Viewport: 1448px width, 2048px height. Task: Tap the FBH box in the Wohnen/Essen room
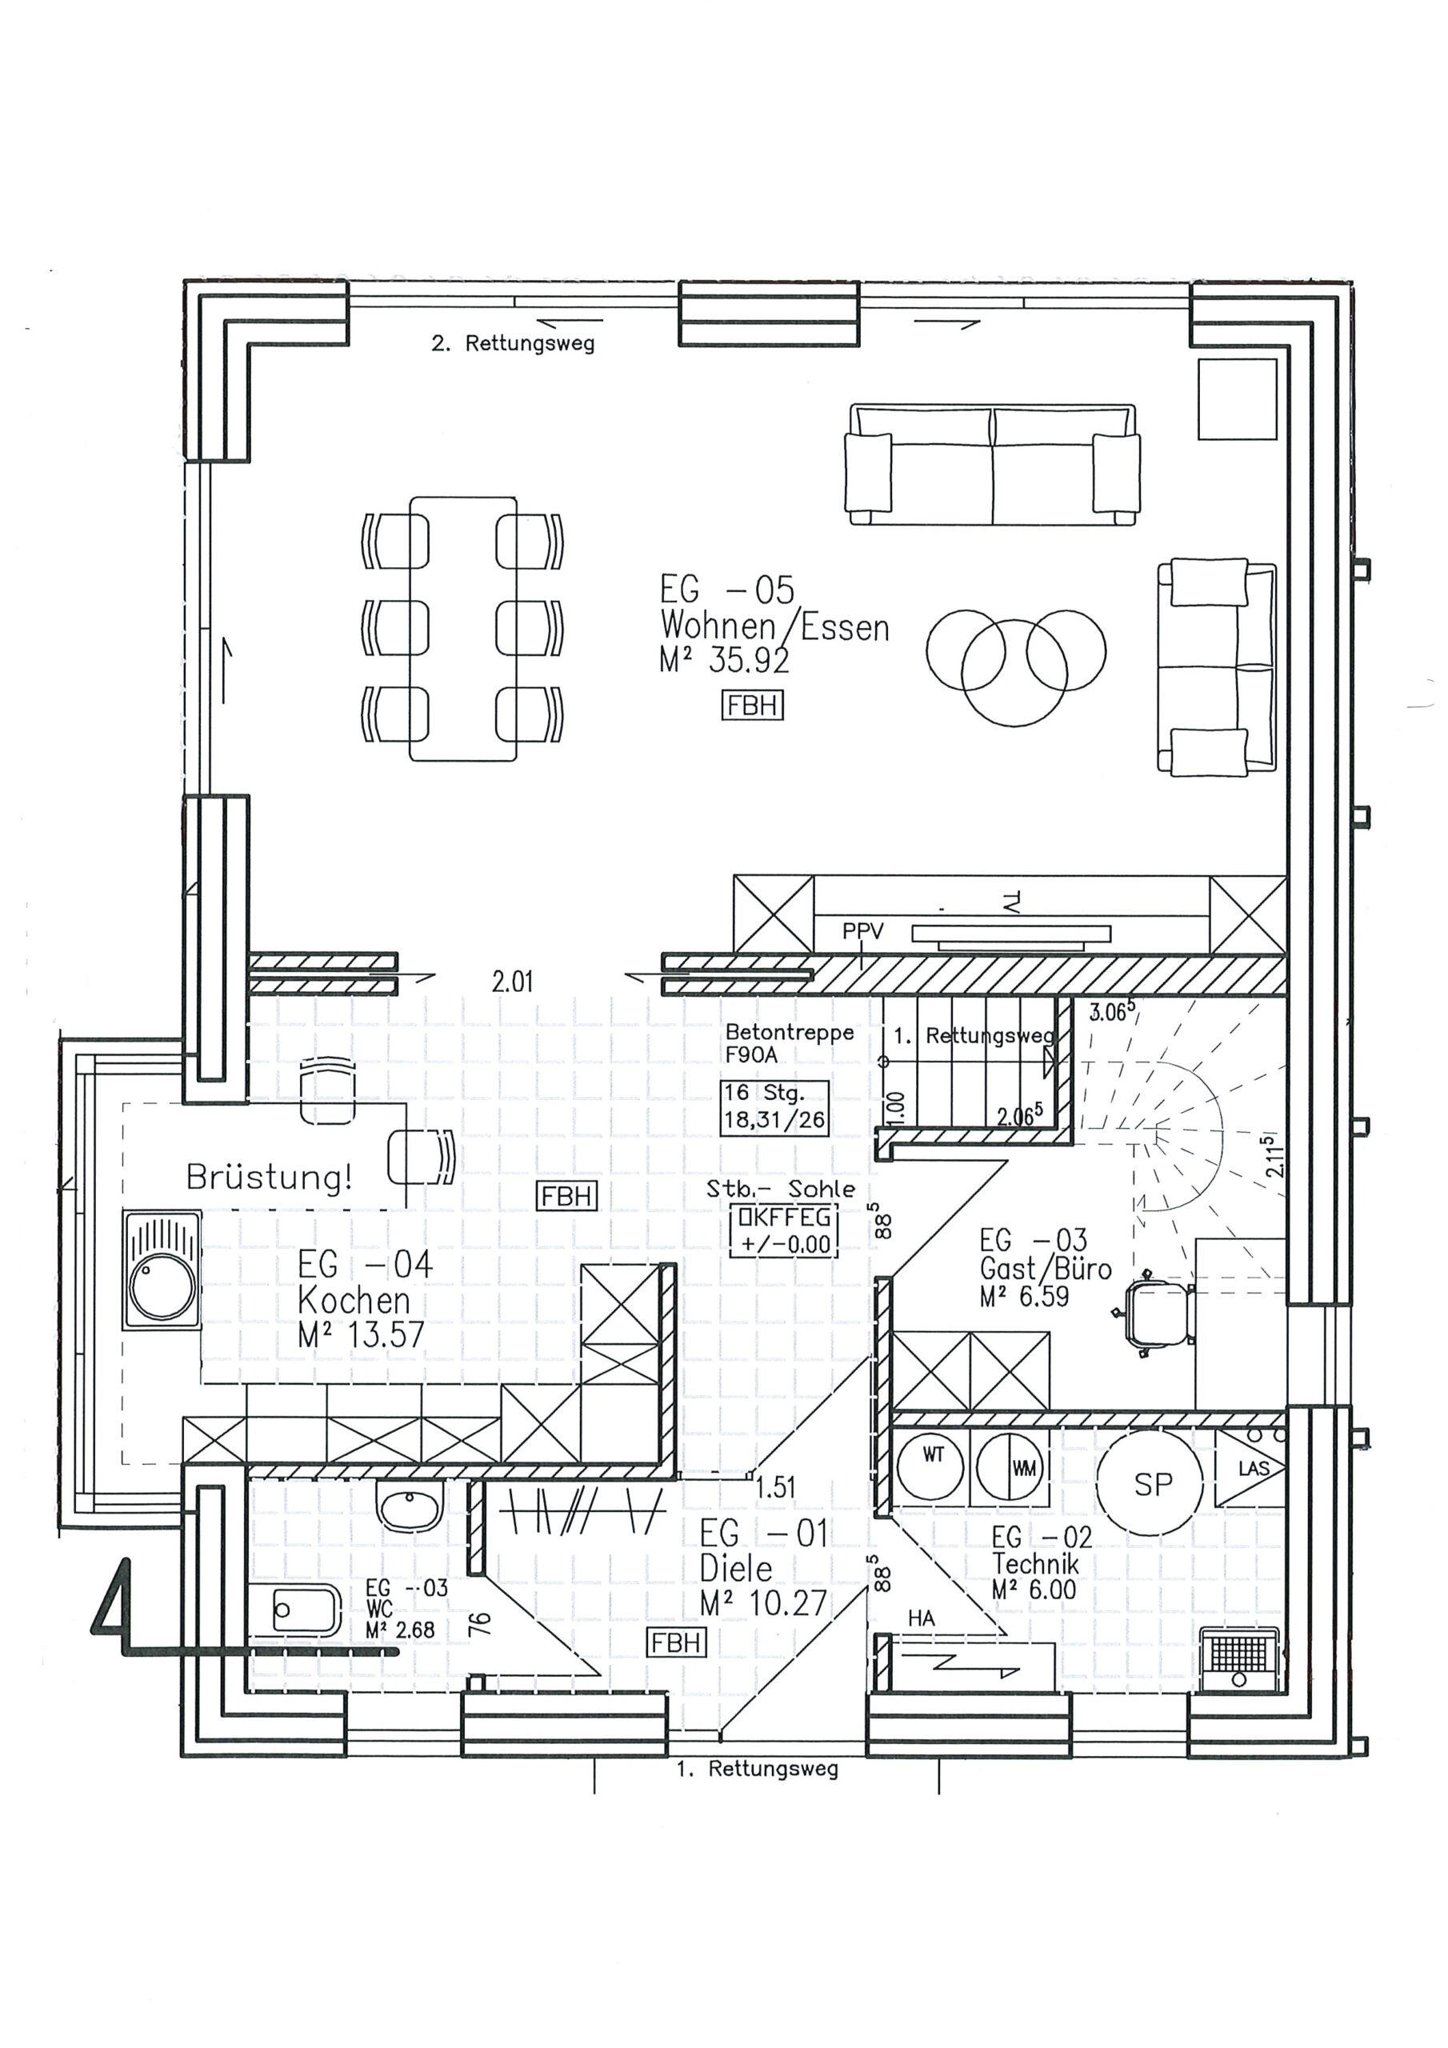tap(752, 706)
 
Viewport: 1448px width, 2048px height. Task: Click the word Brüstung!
tap(270, 1178)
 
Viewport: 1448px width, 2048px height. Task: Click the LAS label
tap(1253, 1468)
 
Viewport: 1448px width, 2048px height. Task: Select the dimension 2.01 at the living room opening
tap(512, 982)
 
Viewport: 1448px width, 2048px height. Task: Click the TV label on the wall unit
tap(1011, 902)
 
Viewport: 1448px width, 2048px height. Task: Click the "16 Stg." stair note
tap(764, 1093)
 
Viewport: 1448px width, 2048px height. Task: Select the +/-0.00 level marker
tap(785, 1243)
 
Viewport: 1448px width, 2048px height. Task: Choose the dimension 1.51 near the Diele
tap(774, 1487)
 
